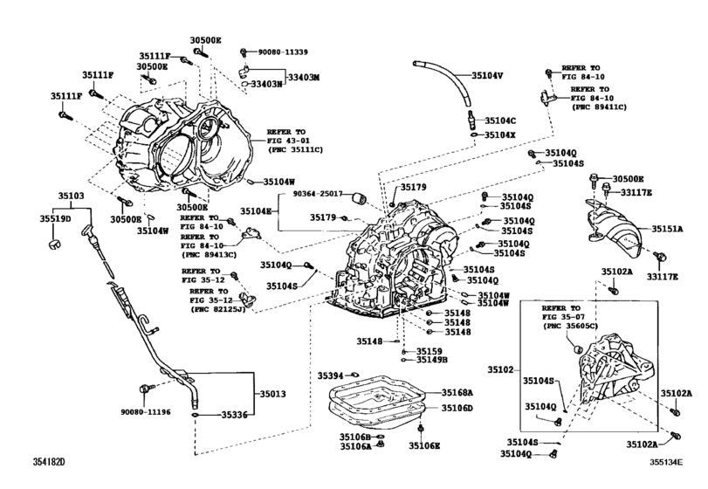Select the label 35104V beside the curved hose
pyautogui.click(x=488, y=75)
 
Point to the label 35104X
pyautogui.click(x=501, y=134)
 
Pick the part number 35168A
pyautogui.click(x=457, y=393)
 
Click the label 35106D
pyautogui.click(x=457, y=408)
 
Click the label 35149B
pyautogui.click(x=431, y=359)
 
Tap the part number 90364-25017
pyautogui.click(x=317, y=195)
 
